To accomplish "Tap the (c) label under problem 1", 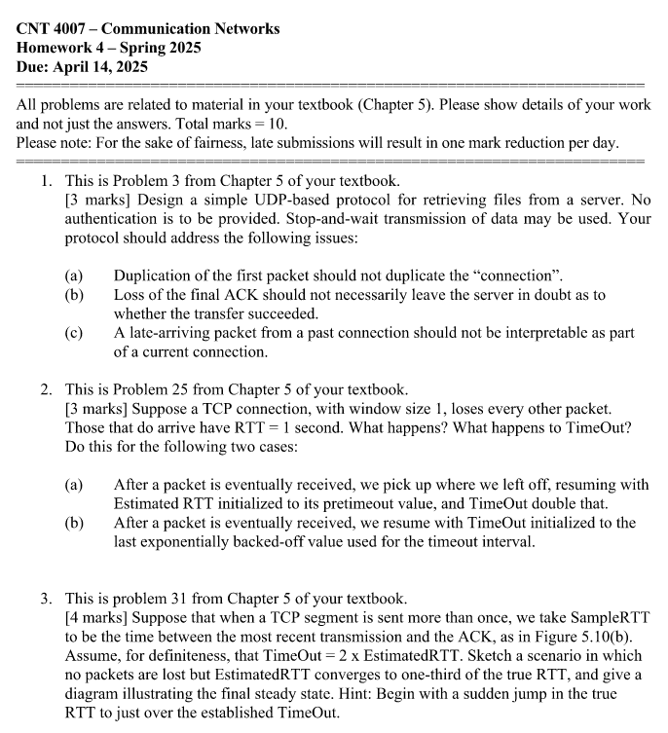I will (x=74, y=333).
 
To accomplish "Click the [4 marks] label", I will (x=101, y=617).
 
